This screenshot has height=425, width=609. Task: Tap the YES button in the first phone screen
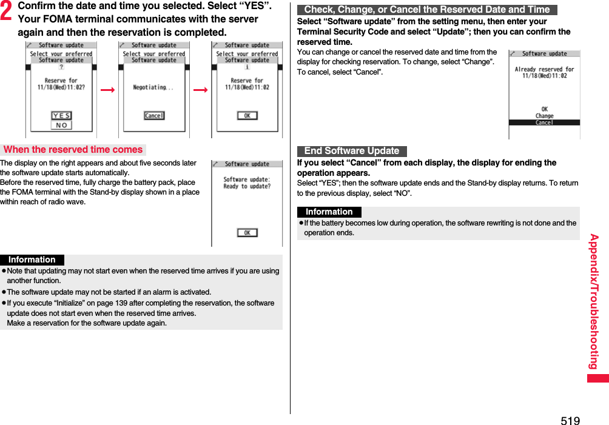61,116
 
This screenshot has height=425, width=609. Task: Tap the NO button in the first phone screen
61,125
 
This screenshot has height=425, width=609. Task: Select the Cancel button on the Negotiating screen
154,116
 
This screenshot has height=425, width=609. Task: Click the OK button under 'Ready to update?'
247,233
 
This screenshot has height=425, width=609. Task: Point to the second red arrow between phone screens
200,90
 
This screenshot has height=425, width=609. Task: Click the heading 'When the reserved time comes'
73,150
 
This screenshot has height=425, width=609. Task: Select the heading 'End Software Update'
352,151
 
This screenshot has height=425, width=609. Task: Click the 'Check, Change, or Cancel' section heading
427,10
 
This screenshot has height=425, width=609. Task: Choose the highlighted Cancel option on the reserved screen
544,122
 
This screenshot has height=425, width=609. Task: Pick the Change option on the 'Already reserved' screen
544,116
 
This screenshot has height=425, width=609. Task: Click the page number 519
570,421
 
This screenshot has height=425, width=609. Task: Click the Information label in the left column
32,259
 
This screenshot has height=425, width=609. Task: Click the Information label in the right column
329,212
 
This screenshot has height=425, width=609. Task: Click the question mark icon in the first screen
61,67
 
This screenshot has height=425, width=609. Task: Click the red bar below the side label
597,378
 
